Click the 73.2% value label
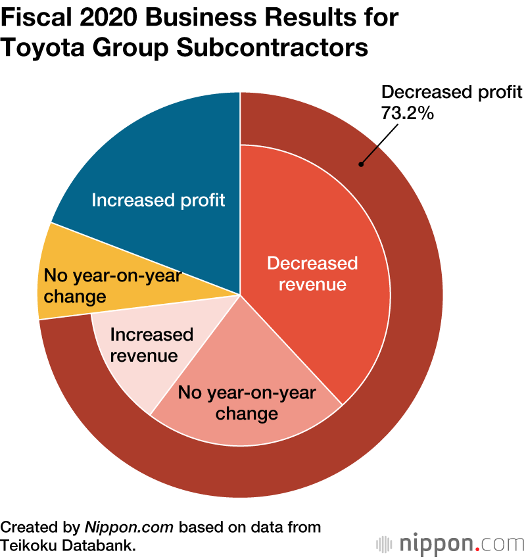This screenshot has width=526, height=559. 408,113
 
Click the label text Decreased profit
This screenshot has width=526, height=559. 452,92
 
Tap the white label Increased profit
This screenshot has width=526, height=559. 158,200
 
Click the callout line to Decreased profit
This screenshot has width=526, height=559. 378,145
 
